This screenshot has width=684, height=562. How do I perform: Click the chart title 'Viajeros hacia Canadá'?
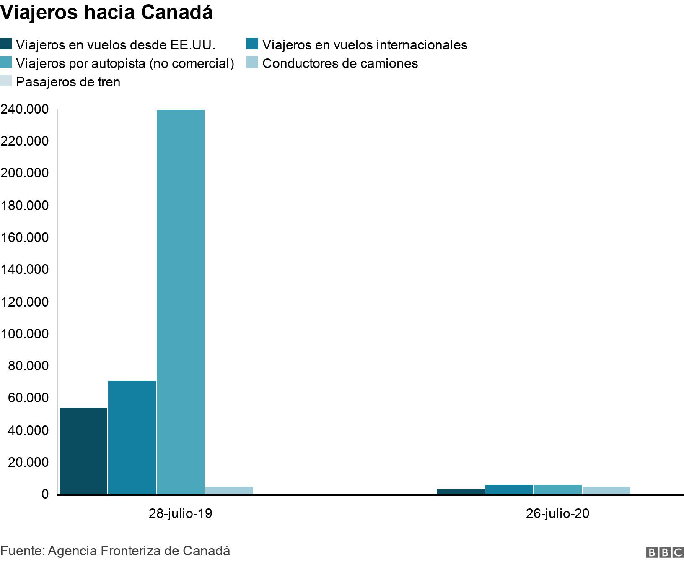(x=106, y=13)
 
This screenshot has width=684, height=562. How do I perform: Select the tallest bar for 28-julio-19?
(x=181, y=302)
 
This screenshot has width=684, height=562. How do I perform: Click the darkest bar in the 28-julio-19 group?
(x=83, y=451)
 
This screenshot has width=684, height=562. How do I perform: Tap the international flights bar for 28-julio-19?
(x=132, y=437)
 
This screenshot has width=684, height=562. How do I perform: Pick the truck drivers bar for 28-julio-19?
(x=229, y=490)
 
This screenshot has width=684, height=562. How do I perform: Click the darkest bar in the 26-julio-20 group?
(x=461, y=492)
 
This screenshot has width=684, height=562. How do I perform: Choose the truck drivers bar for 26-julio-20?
(x=606, y=490)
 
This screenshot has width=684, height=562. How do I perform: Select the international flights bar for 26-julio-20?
(x=509, y=489)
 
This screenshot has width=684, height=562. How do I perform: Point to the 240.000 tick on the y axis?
(x=25, y=109)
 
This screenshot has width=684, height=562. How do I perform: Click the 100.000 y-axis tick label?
(x=25, y=334)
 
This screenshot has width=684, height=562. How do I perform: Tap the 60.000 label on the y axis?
(x=28, y=398)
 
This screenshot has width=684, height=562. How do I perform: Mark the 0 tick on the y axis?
(x=44, y=495)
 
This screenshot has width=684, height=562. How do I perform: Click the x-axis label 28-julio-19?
(x=181, y=513)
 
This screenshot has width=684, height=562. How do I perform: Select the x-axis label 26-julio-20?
(x=557, y=513)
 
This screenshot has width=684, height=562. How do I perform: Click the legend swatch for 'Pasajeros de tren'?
(x=6, y=81)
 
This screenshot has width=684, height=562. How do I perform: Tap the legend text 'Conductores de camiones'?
(x=340, y=63)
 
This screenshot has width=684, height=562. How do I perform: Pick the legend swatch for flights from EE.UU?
(x=6, y=44)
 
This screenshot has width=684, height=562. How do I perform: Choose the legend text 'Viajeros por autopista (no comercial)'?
(x=125, y=63)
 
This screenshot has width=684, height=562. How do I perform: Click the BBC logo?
(x=664, y=552)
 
